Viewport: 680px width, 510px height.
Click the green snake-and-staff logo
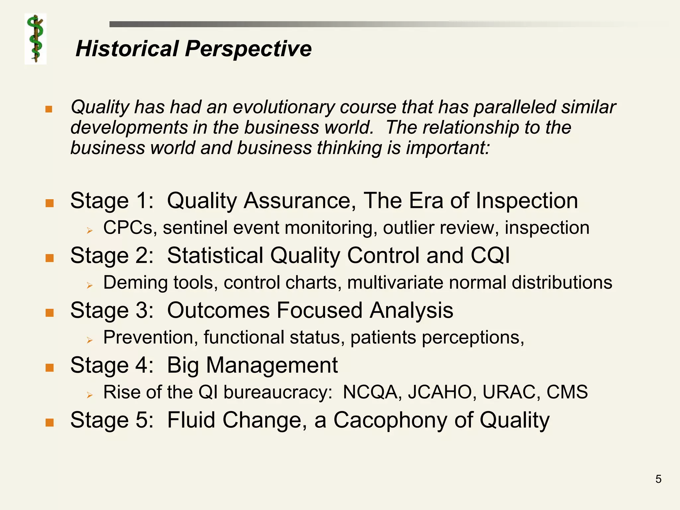pos(36,39)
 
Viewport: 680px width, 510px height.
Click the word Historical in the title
pos(127,49)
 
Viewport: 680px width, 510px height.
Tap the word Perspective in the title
pos(248,49)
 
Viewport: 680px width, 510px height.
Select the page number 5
pos(658,479)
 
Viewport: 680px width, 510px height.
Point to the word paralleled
pos(514,107)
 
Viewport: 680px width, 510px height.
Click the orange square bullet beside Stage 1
pos(49,203)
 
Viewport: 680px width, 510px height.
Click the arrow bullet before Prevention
pos(89,340)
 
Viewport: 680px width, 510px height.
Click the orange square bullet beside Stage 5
pos(49,422)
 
